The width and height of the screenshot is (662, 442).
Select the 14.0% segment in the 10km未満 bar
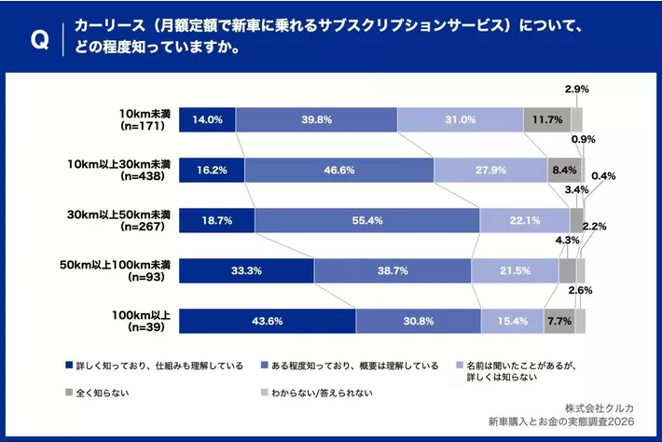point(207,119)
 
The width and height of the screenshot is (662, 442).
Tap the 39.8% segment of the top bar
point(316,119)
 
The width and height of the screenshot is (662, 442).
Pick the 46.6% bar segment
point(338,170)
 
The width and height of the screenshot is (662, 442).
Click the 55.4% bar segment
point(366,220)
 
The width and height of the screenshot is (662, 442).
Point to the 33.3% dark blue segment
point(246,270)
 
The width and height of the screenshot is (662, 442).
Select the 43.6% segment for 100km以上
point(267,321)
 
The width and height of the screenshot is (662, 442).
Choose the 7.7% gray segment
point(559,321)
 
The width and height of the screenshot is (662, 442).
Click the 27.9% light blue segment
point(490,170)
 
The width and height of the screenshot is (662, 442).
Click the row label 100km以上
point(145,321)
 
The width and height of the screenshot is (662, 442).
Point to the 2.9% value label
point(576,89)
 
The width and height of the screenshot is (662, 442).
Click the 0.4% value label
point(602,175)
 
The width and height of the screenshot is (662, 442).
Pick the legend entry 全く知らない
point(102,393)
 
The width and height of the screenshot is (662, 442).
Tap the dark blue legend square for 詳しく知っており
point(69,366)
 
